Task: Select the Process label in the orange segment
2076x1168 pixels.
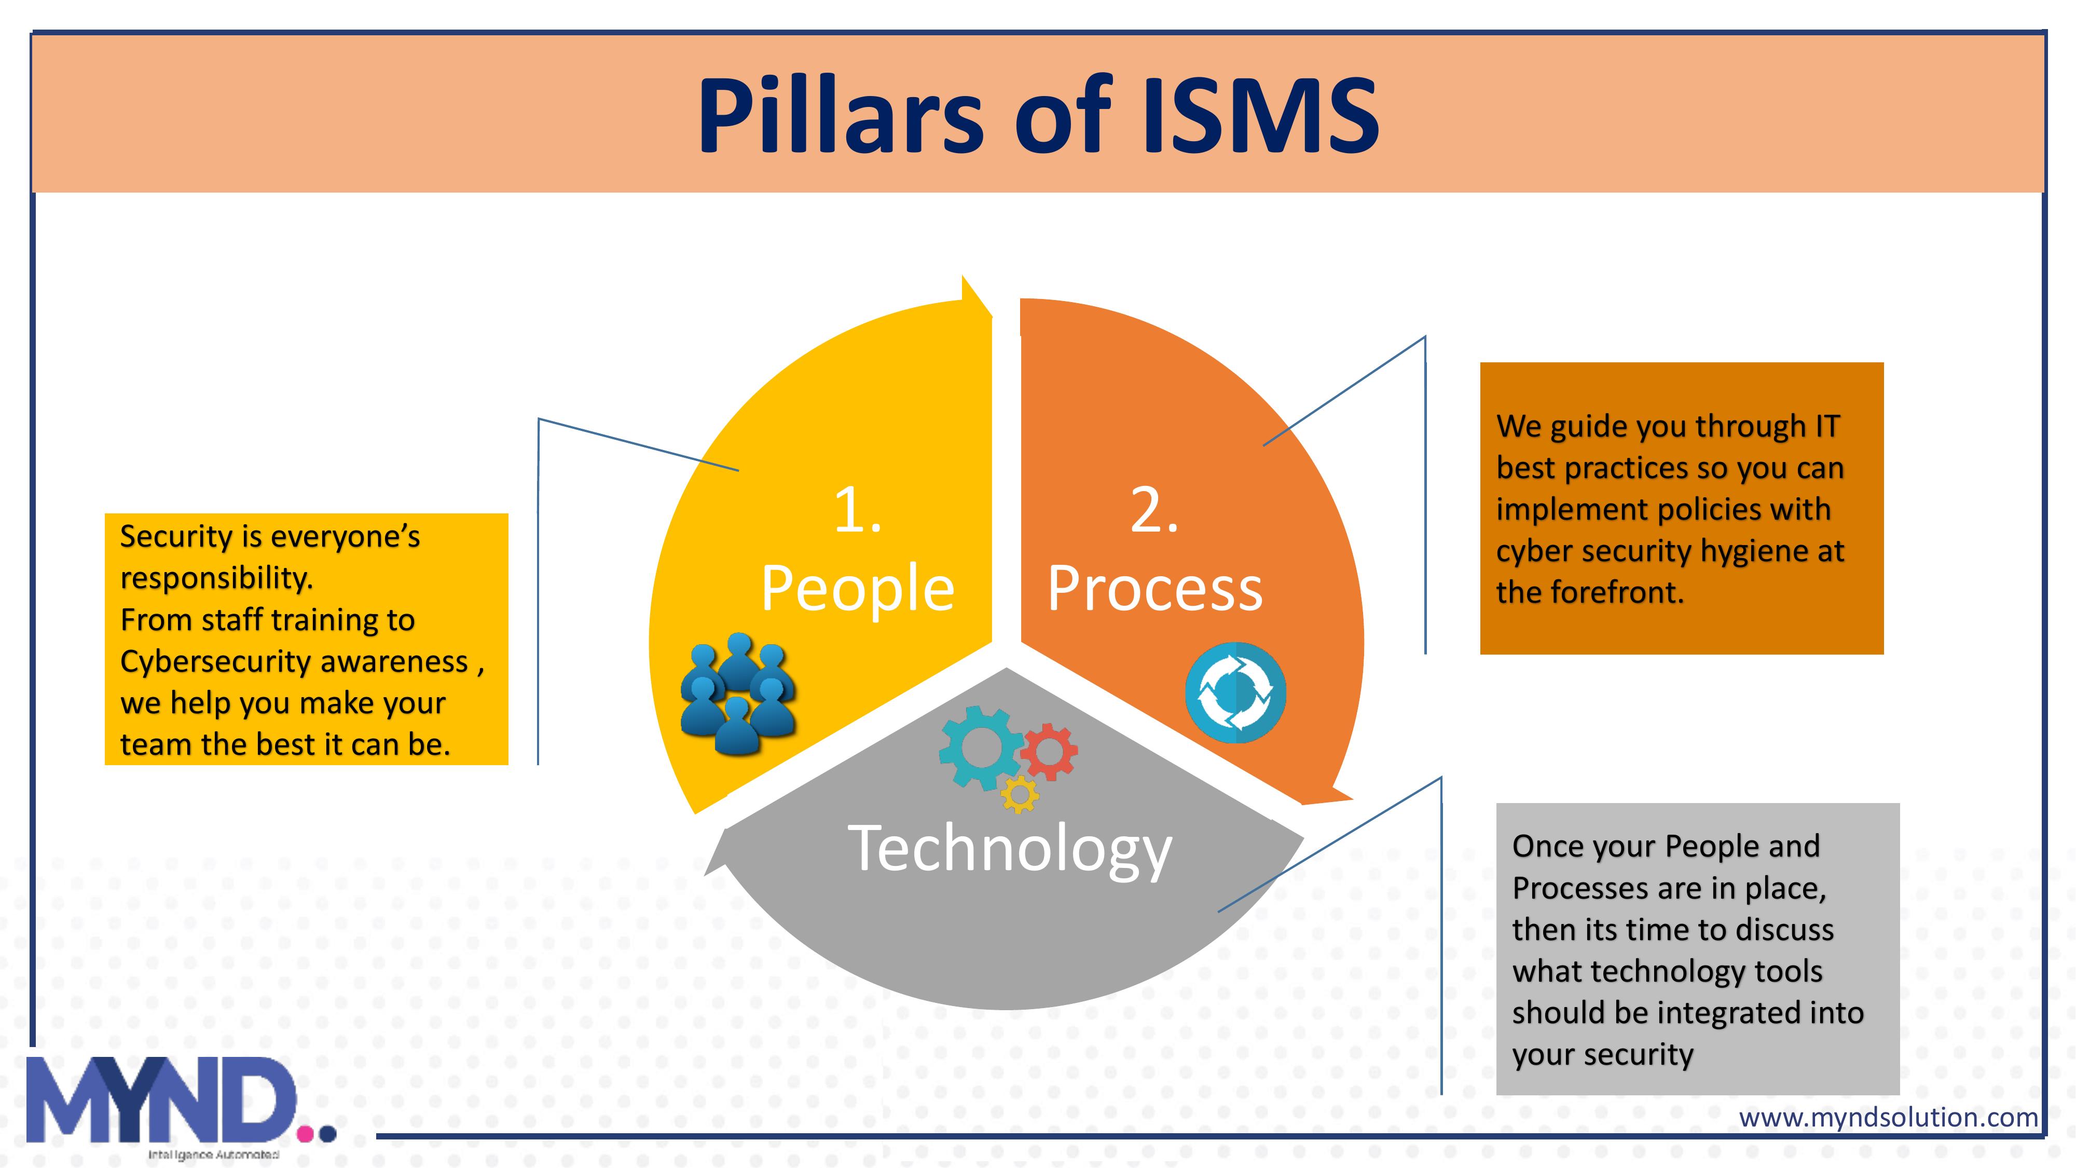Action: tap(1154, 589)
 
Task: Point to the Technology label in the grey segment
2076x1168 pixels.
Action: tap(1010, 848)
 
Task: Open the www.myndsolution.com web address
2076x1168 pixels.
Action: tap(1888, 1117)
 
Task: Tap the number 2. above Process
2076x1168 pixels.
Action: tap(1154, 511)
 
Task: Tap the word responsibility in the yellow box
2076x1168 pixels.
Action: tap(216, 578)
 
